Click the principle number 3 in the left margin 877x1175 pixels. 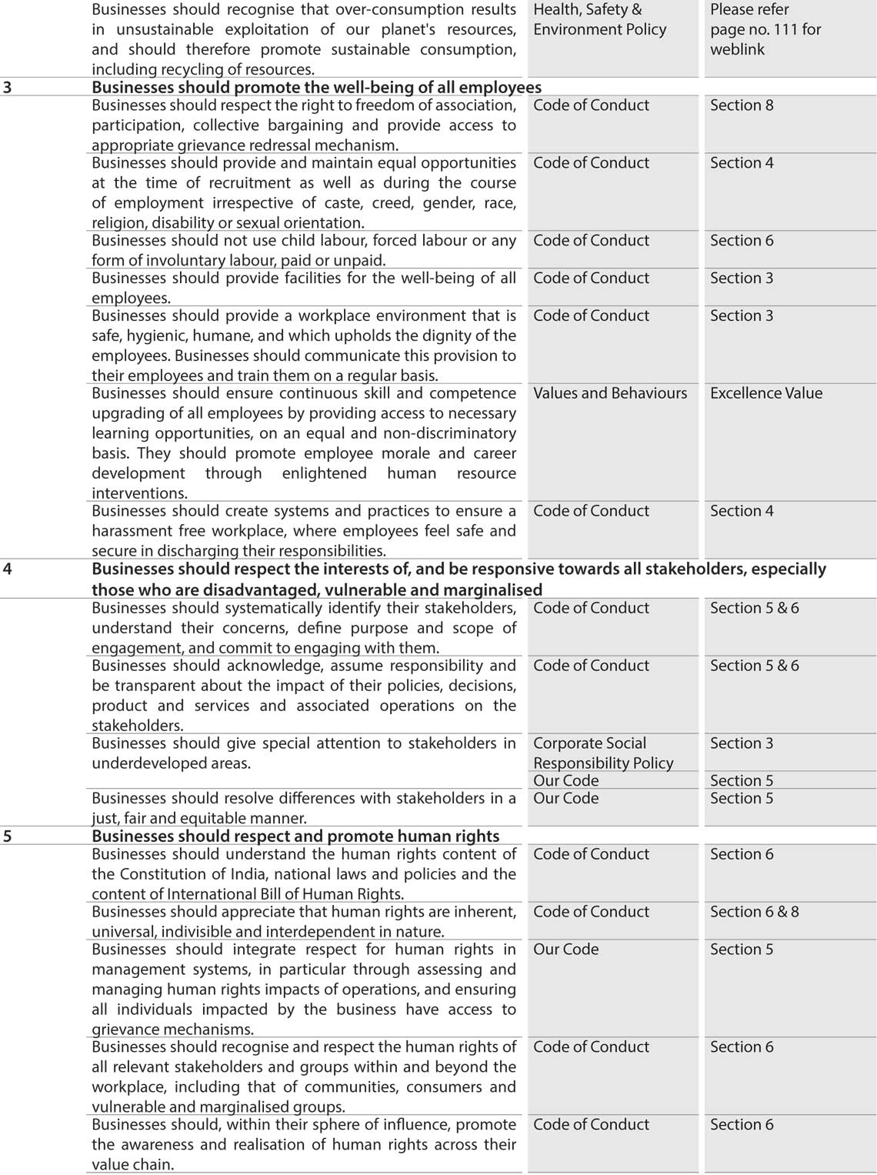tap(8, 88)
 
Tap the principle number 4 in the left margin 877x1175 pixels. tap(8, 569)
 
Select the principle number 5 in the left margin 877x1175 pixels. tap(8, 836)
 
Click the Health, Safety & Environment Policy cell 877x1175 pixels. tap(599, 20)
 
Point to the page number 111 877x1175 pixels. tap(781, 30)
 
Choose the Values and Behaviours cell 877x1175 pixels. tap(610, 393)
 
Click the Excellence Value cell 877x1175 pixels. tap(765, 393)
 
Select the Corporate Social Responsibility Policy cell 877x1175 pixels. tap(602, 753)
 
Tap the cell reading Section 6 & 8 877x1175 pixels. tap(754, 912)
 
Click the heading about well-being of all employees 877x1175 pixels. tap(316, 88)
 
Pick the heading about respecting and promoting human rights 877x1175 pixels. tap(295, 836)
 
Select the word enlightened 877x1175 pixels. tap(324, 473)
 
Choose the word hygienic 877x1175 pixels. tap(165, 336)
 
